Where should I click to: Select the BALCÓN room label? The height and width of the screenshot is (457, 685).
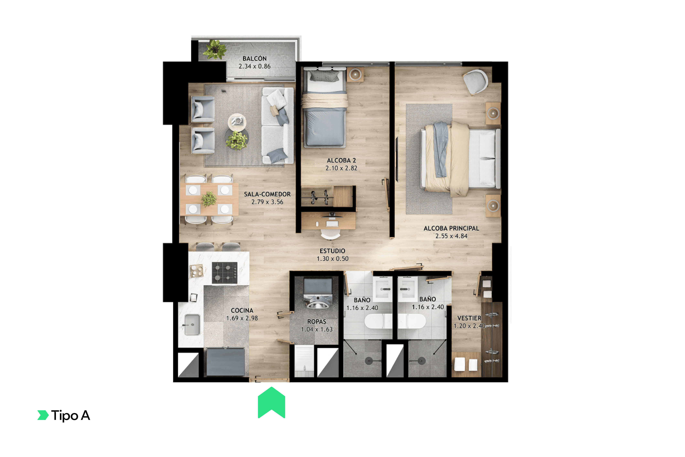point(254,59)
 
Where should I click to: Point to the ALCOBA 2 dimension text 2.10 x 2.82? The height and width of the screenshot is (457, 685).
point(341,168)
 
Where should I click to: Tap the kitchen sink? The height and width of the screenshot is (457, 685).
point(192,325)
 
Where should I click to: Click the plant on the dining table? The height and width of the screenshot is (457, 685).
point(209,199)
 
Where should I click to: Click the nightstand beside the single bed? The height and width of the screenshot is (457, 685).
point(355,75)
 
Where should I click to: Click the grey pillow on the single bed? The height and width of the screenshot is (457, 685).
point(324,76)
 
